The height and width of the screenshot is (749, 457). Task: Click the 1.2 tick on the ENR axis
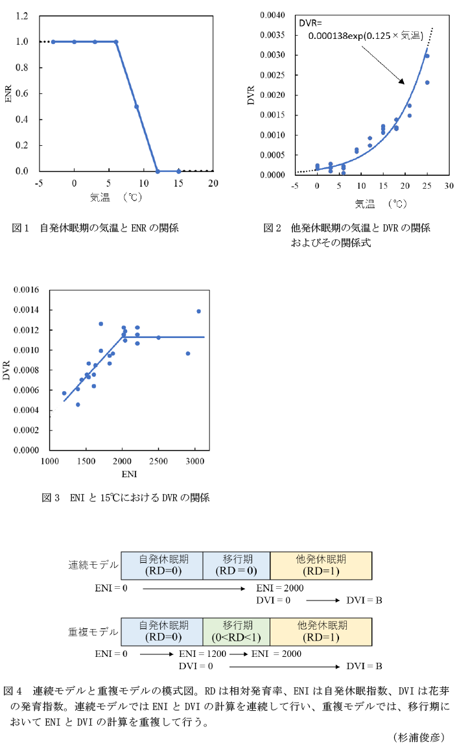(22, 16)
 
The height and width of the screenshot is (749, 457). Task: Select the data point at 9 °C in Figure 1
(137, 106)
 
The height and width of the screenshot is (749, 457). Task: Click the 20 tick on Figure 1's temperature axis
(213, 184)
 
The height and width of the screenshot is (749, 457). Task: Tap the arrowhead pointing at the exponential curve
(402, 82)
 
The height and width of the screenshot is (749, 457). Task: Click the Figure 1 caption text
(95, 228)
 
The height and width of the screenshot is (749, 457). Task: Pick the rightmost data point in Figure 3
(198, 311)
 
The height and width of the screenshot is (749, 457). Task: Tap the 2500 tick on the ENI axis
(158, 461)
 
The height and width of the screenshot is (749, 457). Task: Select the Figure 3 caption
(126, 498)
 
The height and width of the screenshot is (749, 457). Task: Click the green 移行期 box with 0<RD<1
(237, 631)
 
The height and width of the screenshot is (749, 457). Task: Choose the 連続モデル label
(93, 565)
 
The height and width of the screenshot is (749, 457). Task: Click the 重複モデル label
(93, 631)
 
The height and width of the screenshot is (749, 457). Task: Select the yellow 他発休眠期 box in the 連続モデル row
(321, 565)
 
